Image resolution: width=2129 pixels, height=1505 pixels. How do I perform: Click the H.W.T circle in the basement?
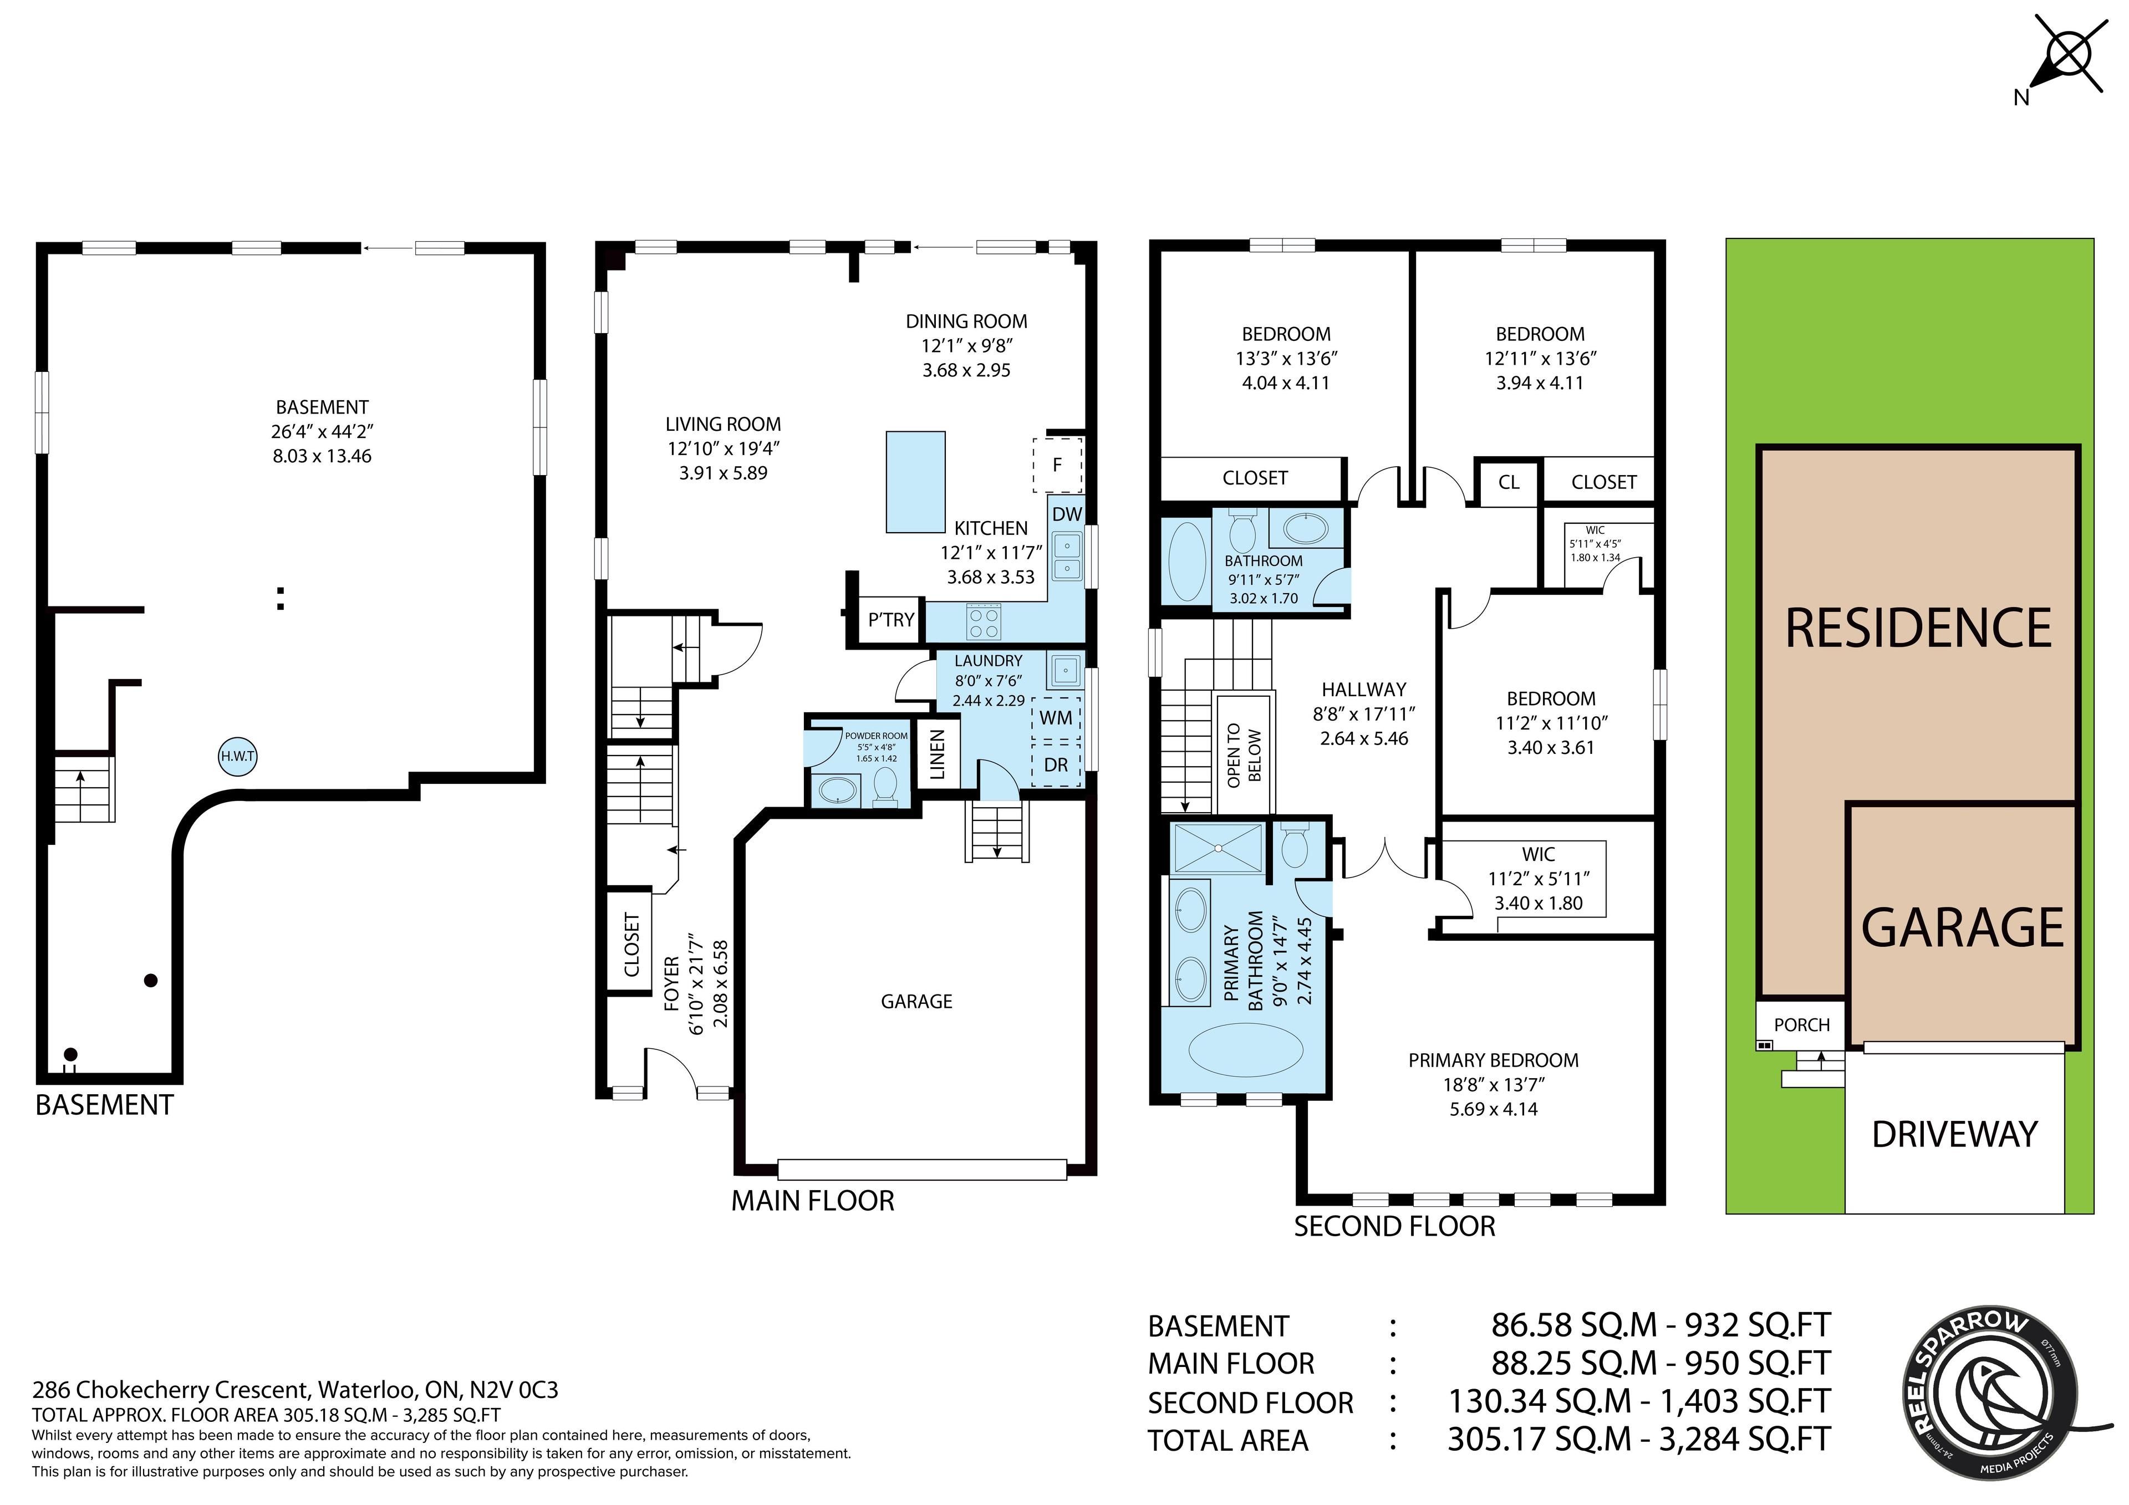(x=237, y=757)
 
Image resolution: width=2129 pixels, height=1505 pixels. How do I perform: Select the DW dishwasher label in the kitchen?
(x=1067, y=514)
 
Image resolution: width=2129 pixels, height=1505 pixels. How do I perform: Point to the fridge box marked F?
(x=1057, y=465)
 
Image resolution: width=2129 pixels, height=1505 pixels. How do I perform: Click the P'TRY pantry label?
(x=891, y=619)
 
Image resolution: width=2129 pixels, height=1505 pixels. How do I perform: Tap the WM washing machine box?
(x=1056, y=718)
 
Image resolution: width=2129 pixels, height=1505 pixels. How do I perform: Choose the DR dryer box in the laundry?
(x=1056, y=765)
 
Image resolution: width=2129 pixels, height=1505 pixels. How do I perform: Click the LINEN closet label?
(x=936, y=754)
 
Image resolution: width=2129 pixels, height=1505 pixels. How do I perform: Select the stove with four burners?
(x=984, y=621)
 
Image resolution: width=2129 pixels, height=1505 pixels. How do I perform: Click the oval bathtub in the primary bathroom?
(x=1246, y=1050)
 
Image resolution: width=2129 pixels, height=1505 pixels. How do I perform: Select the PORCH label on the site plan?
(x=1802, y=1024)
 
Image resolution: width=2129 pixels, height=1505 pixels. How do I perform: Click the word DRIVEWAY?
(x=1955, y=1134)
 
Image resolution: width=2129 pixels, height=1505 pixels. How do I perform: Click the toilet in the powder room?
(x=885, y=784)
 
